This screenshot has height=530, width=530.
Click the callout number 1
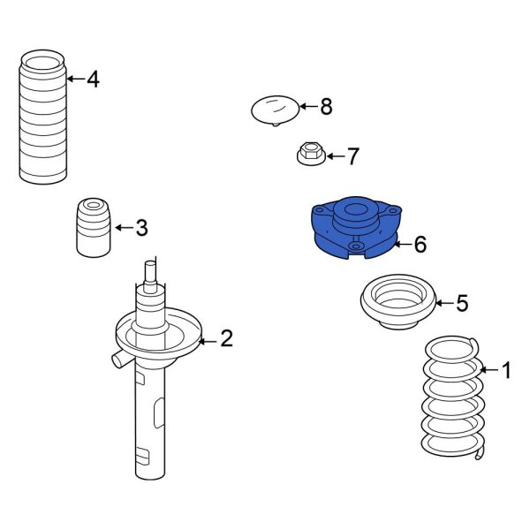[x=506, y=370]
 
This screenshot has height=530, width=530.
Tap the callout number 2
[x=226, y=338]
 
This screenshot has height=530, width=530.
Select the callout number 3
[x=141, y=229]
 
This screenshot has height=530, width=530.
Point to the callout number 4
[x=93, y=79]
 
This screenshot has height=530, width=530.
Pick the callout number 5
[x=462, y=304]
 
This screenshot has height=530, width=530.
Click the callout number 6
[x=420, y=244]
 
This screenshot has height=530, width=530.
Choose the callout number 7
[x=352, y=157]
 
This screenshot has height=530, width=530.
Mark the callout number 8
[x=326, y=107]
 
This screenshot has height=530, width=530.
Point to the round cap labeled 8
[x=274, y=110]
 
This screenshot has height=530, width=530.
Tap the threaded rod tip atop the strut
[x=151, y=269]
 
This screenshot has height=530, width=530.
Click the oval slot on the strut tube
[x=157, y=413]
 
